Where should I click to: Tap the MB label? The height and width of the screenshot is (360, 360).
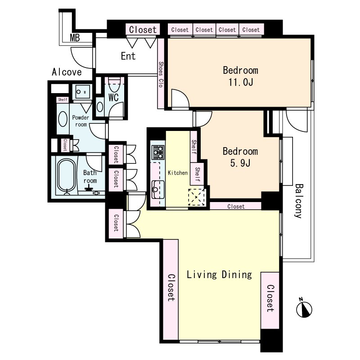pos(75,37)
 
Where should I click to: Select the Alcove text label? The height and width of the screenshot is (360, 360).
pos(67,72)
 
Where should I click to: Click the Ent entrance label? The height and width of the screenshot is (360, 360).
pos(128,56)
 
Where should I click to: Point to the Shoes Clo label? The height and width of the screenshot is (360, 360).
pos(161,74)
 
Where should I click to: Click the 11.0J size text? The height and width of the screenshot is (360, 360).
pos(241,82)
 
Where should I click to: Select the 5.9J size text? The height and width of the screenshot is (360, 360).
pos(240,163)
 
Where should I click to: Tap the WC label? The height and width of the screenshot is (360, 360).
pos(113,97)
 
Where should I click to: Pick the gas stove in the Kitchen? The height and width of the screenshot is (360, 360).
pos(158,152)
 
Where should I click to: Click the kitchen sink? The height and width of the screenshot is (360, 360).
pos(158,189)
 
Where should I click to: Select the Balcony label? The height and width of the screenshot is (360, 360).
pos(298,201)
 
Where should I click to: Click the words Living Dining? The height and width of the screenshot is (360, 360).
pos(219,275)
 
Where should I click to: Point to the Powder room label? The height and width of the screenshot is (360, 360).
pos(81,121)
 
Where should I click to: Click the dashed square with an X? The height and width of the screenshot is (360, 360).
pos(197,197)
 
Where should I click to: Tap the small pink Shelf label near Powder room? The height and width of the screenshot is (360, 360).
pos(63,99)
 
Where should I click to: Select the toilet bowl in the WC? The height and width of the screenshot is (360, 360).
pos(115,85)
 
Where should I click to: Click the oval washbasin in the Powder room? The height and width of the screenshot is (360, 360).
pos(63,119)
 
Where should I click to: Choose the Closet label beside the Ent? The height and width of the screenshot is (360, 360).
pos(143,30)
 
